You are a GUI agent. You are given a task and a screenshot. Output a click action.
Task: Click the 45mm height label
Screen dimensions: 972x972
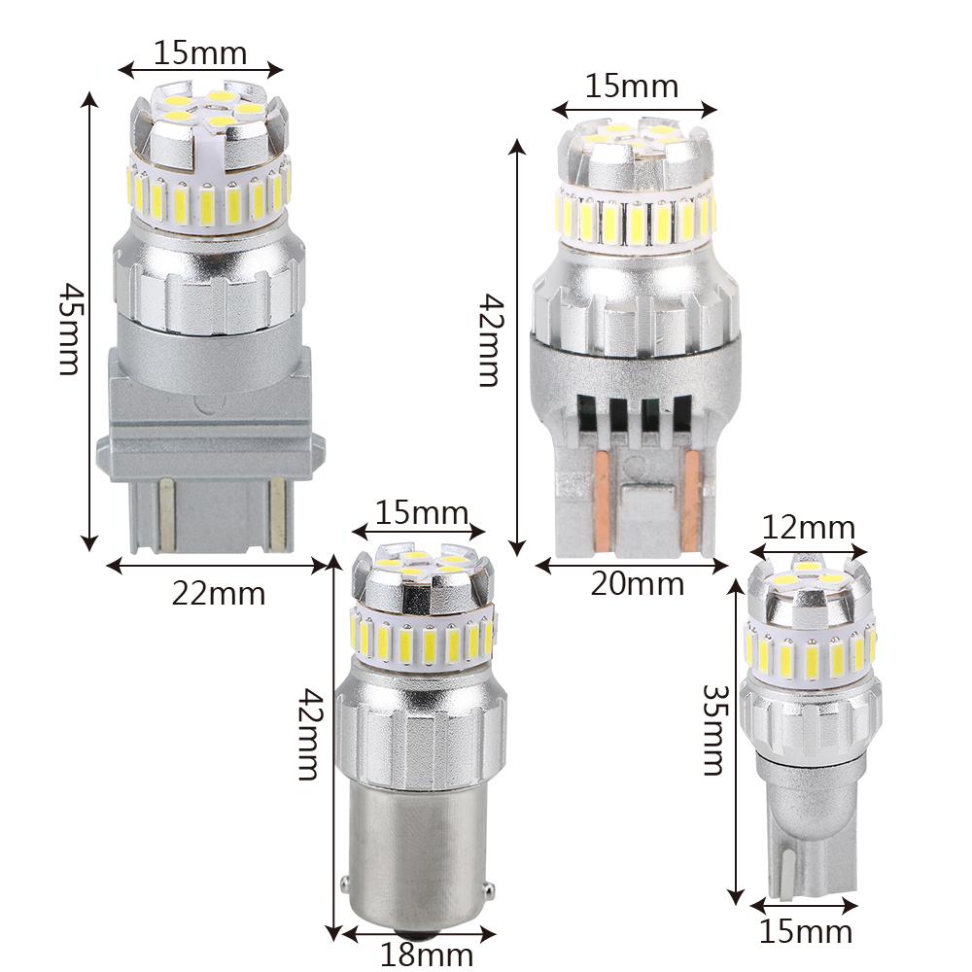click(69, 330)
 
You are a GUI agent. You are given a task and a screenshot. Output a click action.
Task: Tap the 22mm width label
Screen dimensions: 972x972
click(218, 594)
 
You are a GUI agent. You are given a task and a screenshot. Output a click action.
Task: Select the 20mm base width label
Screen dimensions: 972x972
click(638, 583)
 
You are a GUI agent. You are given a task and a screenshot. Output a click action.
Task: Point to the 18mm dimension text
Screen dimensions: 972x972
click(427, 955)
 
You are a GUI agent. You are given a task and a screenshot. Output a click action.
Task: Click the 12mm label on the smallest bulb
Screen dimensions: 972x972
click(809, 528)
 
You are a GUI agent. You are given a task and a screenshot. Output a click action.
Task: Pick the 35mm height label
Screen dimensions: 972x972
click(713, 730)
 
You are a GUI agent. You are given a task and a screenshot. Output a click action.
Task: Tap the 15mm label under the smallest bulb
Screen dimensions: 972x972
click(806, 932)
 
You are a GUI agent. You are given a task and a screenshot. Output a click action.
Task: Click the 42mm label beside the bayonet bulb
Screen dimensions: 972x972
click(309, 735)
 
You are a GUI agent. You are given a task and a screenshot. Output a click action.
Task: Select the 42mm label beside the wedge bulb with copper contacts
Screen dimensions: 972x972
click(490, 340)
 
